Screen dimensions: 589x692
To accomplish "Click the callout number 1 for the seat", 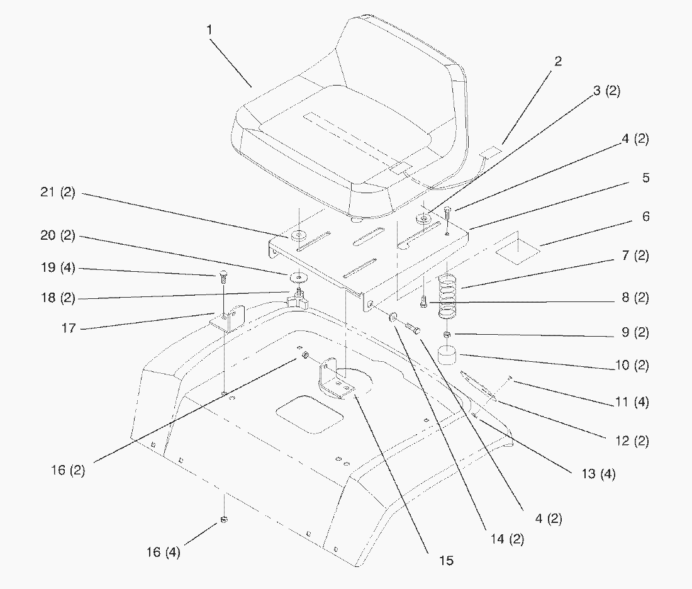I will pyautogui.click(x=209, y=29).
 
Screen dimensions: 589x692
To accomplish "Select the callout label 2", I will pyautogui.click(x=557, y=61).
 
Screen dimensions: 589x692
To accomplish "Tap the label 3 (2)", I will pyautogui.click(x=606, y=91).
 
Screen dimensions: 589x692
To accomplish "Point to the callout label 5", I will pyautogui.click(x=645, y=178).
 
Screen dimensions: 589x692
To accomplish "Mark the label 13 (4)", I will pyautogui.click(x=598, y=474).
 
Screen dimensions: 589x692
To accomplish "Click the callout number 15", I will pyautogui.click(x=446, y=560).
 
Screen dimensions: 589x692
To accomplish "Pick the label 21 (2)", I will pyautogui.click(x=58, y=193).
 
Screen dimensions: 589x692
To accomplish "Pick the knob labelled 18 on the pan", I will pyautogui.click(x=296, y=301).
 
